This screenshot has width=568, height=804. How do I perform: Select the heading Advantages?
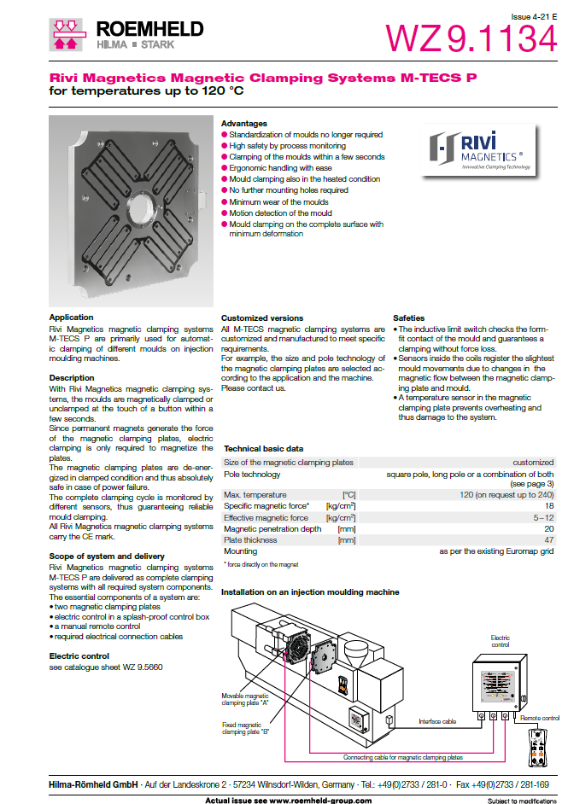coord(243,124)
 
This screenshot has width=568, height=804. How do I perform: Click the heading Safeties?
coord(409,318)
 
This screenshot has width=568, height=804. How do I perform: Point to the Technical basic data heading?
coord(263,448)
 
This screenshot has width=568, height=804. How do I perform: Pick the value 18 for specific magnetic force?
coord(548,506)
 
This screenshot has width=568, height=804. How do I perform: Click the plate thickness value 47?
coord(548,539)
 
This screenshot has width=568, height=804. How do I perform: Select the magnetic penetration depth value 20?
coord(548,528)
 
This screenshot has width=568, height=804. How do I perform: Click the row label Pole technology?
coord(251,475)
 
